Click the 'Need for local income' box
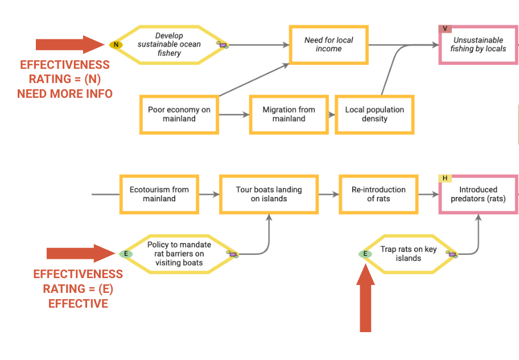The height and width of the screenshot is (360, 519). pyautogui.click(x=328, y=44)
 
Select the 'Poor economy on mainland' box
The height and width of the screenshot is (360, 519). pyautogui.click(x=179, y=114)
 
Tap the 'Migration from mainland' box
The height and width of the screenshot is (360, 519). pyautogui.click(x=289, y=114)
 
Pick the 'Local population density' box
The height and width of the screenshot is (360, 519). pyautogui.click(x=374, y=114)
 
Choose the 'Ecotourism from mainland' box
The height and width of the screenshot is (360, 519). pyautogui.click(x=159, y=194)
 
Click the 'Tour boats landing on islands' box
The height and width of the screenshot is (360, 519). pyautogui.click(x=269, y=194)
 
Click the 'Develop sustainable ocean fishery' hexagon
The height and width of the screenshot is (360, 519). pyautogui.click(x=168, y=44)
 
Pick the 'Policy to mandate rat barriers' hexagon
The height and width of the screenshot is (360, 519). pyautogui.click(x=179, y=254)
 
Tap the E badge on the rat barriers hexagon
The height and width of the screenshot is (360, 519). pyautogui.click(x=126, y=254)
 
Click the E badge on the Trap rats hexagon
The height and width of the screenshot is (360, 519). pyautogui.click(x=365, y=254)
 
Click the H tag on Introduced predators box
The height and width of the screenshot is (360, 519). pyautogui.click(x=444, y=179)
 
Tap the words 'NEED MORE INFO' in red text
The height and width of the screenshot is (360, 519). pyautogui.click(x=65, y=94)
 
